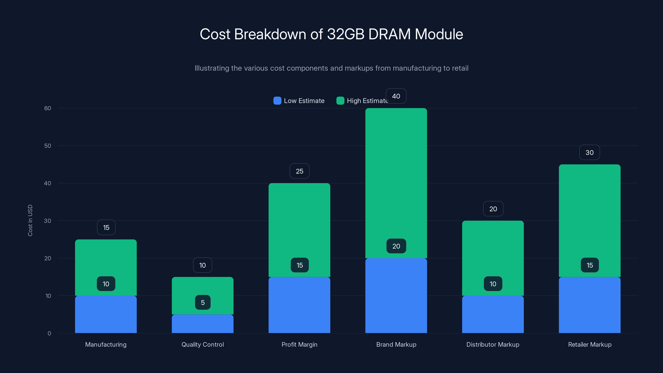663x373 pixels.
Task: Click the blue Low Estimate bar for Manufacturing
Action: tap(106, 314)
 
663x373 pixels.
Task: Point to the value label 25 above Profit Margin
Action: tap(299, 171)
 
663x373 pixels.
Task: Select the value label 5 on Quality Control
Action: tap(203, 303)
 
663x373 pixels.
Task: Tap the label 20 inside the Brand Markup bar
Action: tap(396, 246)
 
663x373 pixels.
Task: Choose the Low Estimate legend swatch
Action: tap(277, 101)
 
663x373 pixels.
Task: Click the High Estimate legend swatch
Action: tap(340, 101)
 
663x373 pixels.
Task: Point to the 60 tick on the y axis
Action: tap(48, 108)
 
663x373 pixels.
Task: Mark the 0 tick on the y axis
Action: tap(49, 333)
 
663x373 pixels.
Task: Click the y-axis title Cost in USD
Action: tap(30, 220)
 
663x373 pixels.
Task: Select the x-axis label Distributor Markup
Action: tap(493, 344)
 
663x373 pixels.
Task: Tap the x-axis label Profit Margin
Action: tap(299, 344)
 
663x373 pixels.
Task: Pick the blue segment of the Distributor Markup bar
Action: tap(493, 314)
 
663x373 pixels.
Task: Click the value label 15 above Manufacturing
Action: tap(106, 228)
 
